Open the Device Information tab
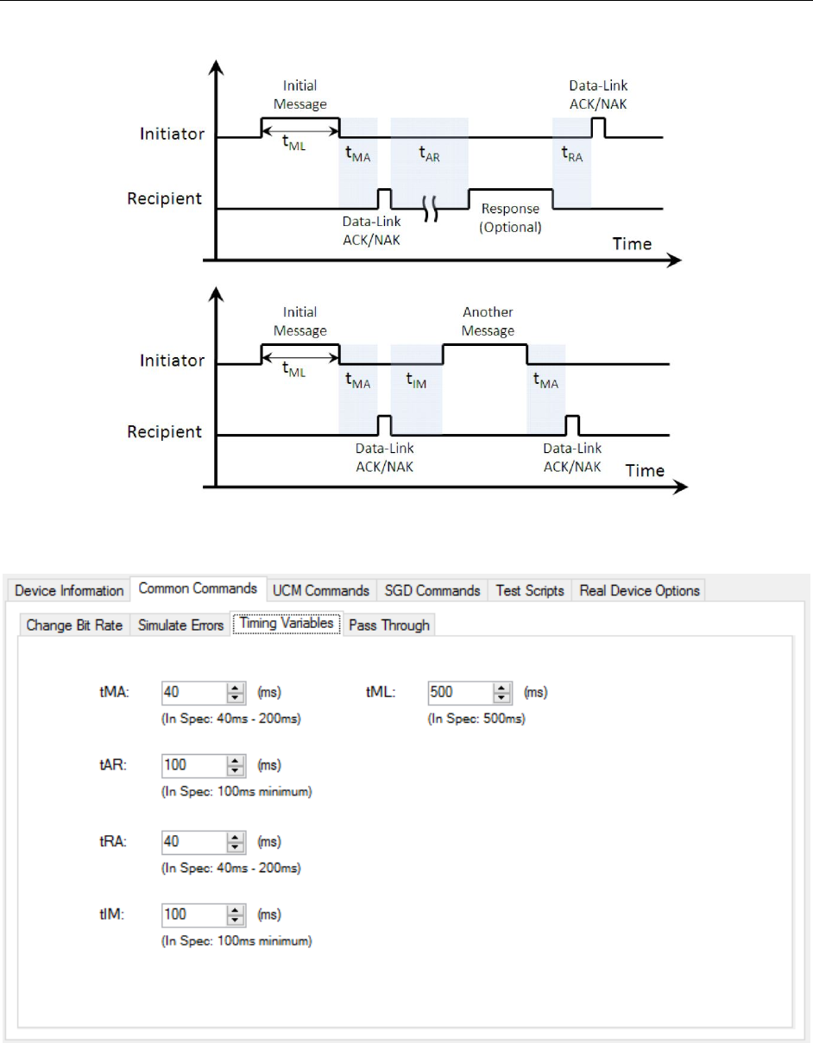point(69,591)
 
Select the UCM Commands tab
point(321,591)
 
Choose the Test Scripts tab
point(529,591)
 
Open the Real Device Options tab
point(640,591)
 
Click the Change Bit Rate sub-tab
point(74,625)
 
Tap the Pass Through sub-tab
point(388,625)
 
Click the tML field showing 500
point(459,692)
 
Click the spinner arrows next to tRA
point(235,840)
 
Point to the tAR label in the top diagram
point(429,154)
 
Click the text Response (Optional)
point(510,218)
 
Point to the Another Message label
point(488,322)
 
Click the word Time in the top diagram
point(632,243)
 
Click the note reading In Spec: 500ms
point(476,719)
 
